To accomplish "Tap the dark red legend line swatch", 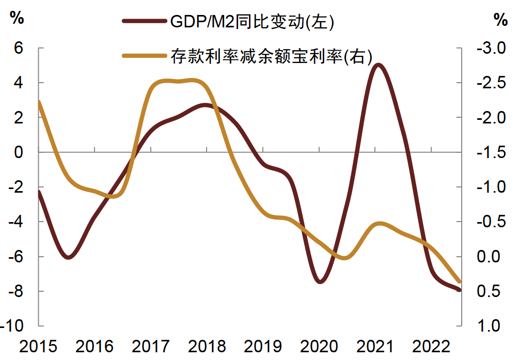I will pos(145,21).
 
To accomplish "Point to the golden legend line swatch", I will pos(145,56).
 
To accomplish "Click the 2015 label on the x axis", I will pos(39,346).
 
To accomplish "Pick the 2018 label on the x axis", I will pos(207,346).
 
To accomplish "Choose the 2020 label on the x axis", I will pos(319,346).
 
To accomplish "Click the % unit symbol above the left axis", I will pos(17,19).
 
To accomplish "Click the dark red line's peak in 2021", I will pos(378,65).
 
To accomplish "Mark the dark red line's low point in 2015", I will pos(69,257).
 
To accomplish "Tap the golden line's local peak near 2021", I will pos(380,224).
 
